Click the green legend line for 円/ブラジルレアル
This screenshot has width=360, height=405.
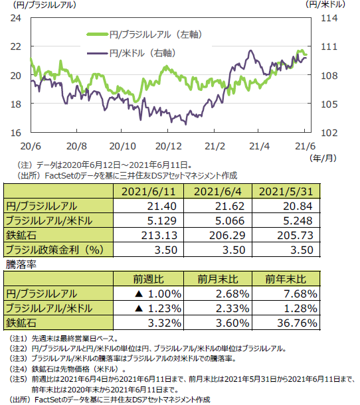click(97, 35)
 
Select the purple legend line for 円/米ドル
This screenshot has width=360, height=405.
click(97, 53)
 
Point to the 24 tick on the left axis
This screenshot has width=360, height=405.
click(16, 18)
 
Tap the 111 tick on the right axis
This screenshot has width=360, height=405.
click(329, 46)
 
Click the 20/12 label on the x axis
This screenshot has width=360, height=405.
click(169, 147)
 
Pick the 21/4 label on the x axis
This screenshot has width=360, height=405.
click(259, 147)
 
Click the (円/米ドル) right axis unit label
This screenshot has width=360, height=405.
click(325, 5)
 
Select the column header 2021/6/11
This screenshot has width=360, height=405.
click(148, 192)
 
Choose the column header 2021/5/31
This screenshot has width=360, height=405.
click(286, 192)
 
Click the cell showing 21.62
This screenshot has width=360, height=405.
click(230, 206)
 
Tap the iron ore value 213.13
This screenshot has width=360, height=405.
click(159, 235)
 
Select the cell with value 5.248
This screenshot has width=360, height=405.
click(298, 220)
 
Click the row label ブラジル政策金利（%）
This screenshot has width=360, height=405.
click(54, 250)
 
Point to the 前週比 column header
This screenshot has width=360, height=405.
click(148, 280)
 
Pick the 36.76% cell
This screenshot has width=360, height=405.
click(297, 323)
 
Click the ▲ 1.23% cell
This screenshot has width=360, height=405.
click(158, 309)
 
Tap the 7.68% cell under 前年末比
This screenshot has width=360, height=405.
click(301, 293)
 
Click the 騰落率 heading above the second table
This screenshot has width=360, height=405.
click(21, 264)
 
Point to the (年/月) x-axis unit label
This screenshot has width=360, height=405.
click(323, 158)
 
